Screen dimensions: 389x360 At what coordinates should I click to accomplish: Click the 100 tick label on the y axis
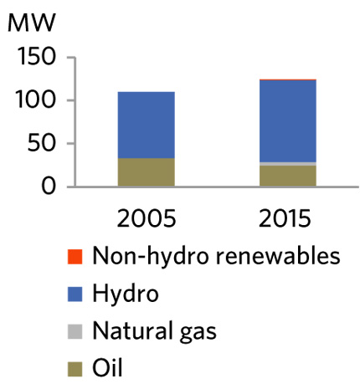tap(36, 101)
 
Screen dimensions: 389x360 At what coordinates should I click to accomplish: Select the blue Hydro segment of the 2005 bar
tap(146, 125)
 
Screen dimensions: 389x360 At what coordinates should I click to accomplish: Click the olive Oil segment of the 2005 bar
tap(146, 172)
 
